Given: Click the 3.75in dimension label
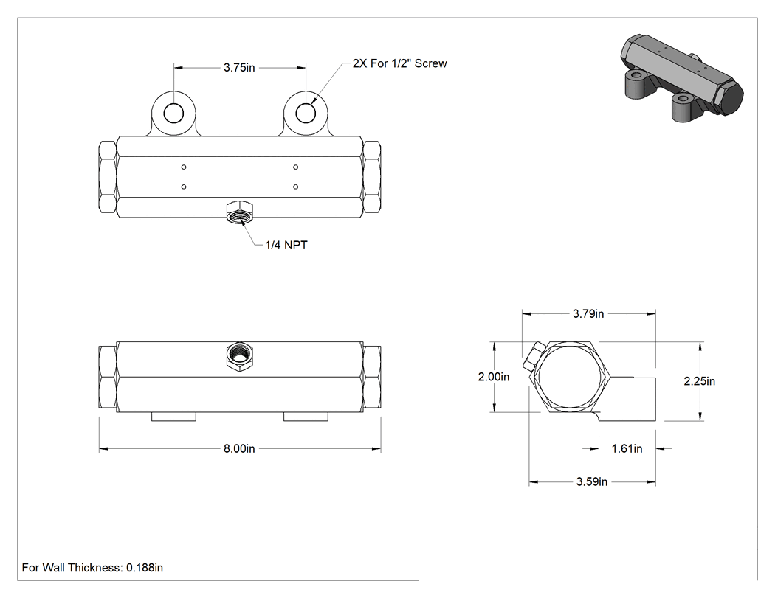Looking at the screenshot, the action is pyautogui.click(x=239, y=68).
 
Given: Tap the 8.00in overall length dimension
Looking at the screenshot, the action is pyautogui.click(x=239, y=449).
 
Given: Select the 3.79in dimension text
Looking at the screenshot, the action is pyautogui.click(x=588, y=313).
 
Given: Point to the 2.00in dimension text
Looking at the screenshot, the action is pyautogui.click(x=493, y=377).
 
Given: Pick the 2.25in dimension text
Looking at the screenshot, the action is pyautogui.click(x=700, y=381).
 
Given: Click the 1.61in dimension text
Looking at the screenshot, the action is pyautogui.click(x=627, y=449).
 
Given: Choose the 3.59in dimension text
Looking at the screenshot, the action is pyautogui.click(x=592, y=482).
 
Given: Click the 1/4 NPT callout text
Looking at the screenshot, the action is pyautogui.click(x=286, y=246).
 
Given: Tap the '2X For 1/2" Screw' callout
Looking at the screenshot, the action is pyautogui.click(x=400, y=63).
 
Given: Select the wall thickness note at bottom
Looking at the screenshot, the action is pyautogui.click(x=92, y=568).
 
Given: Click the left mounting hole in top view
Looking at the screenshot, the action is pyautogui.click(x=173, y=114).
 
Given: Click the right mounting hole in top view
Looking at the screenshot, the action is pyautogui.click(x=306, y=114).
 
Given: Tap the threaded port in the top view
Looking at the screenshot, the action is pyautogui.click(x=239, y=212).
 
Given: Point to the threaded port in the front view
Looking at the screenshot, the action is pyautogui.click(x=240, y=355).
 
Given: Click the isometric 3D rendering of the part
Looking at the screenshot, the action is pyautogui.click(x=681, y=78).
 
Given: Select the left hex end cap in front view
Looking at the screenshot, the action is pyautogui.click(x=108, y=378).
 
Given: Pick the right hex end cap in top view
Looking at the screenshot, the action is pyautogui.click(x=372, y=177).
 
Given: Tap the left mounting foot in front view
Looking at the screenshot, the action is pyautogui.click(x=173, y=417).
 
